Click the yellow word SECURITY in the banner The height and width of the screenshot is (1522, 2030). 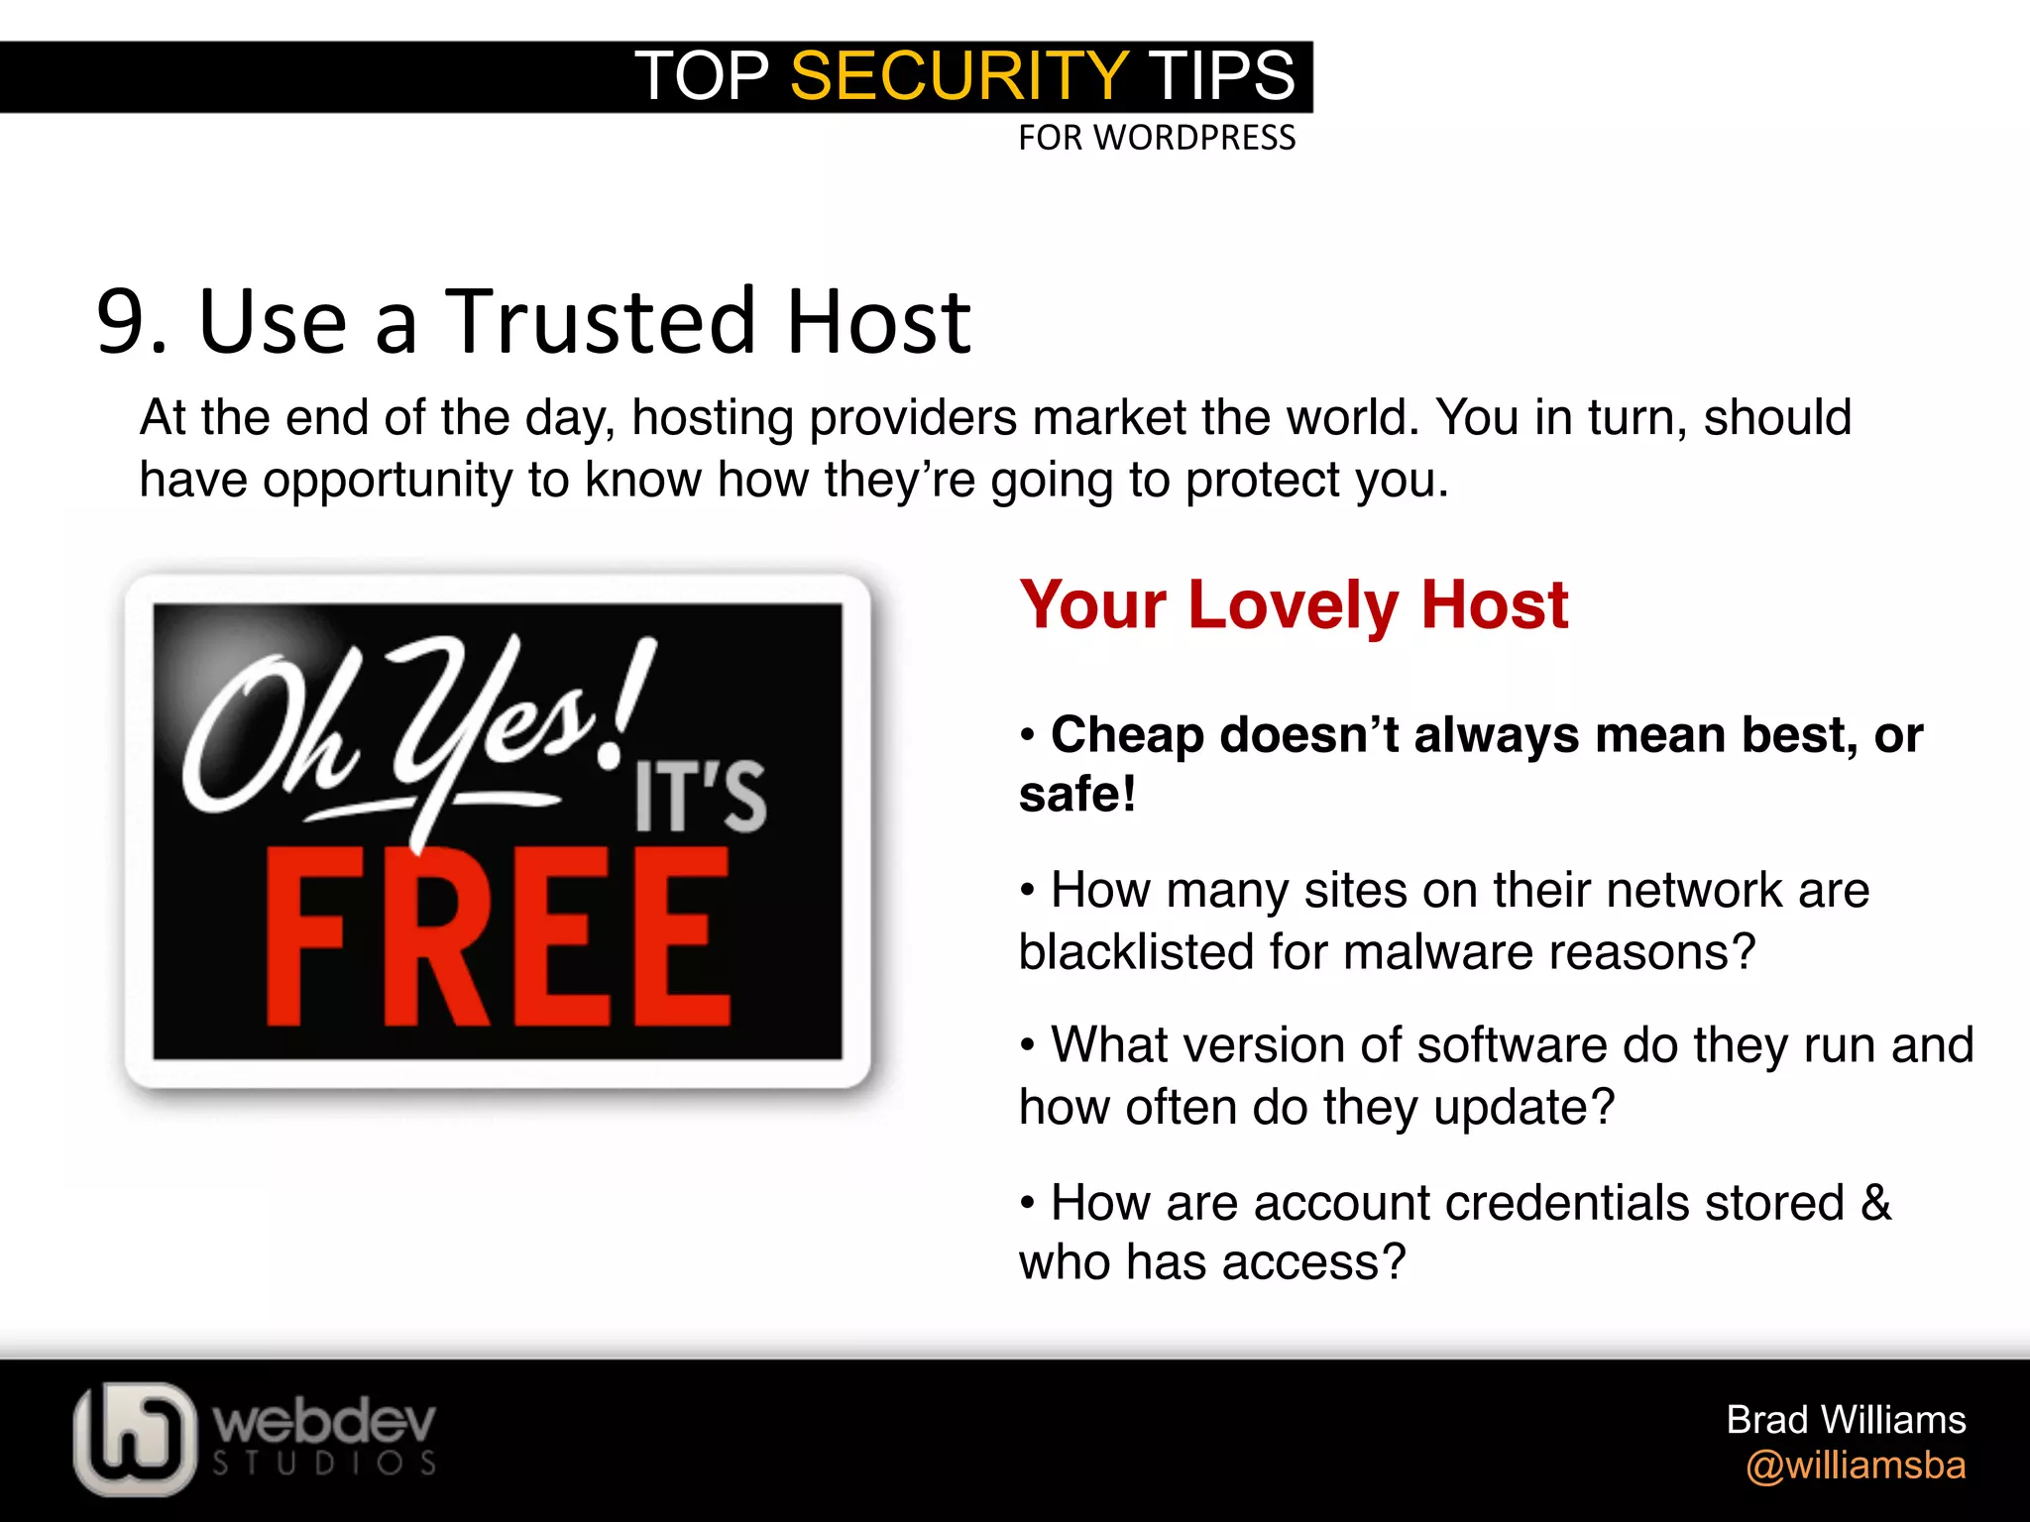959,76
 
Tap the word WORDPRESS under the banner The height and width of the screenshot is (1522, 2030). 1194,138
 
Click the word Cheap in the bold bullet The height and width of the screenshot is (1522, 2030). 1127,735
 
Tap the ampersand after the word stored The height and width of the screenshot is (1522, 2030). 1875,1203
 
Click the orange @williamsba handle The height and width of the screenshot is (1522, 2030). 1856,1466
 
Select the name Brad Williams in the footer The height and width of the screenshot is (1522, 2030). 1846,1420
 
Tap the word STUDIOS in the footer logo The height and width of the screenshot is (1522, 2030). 324,1464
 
